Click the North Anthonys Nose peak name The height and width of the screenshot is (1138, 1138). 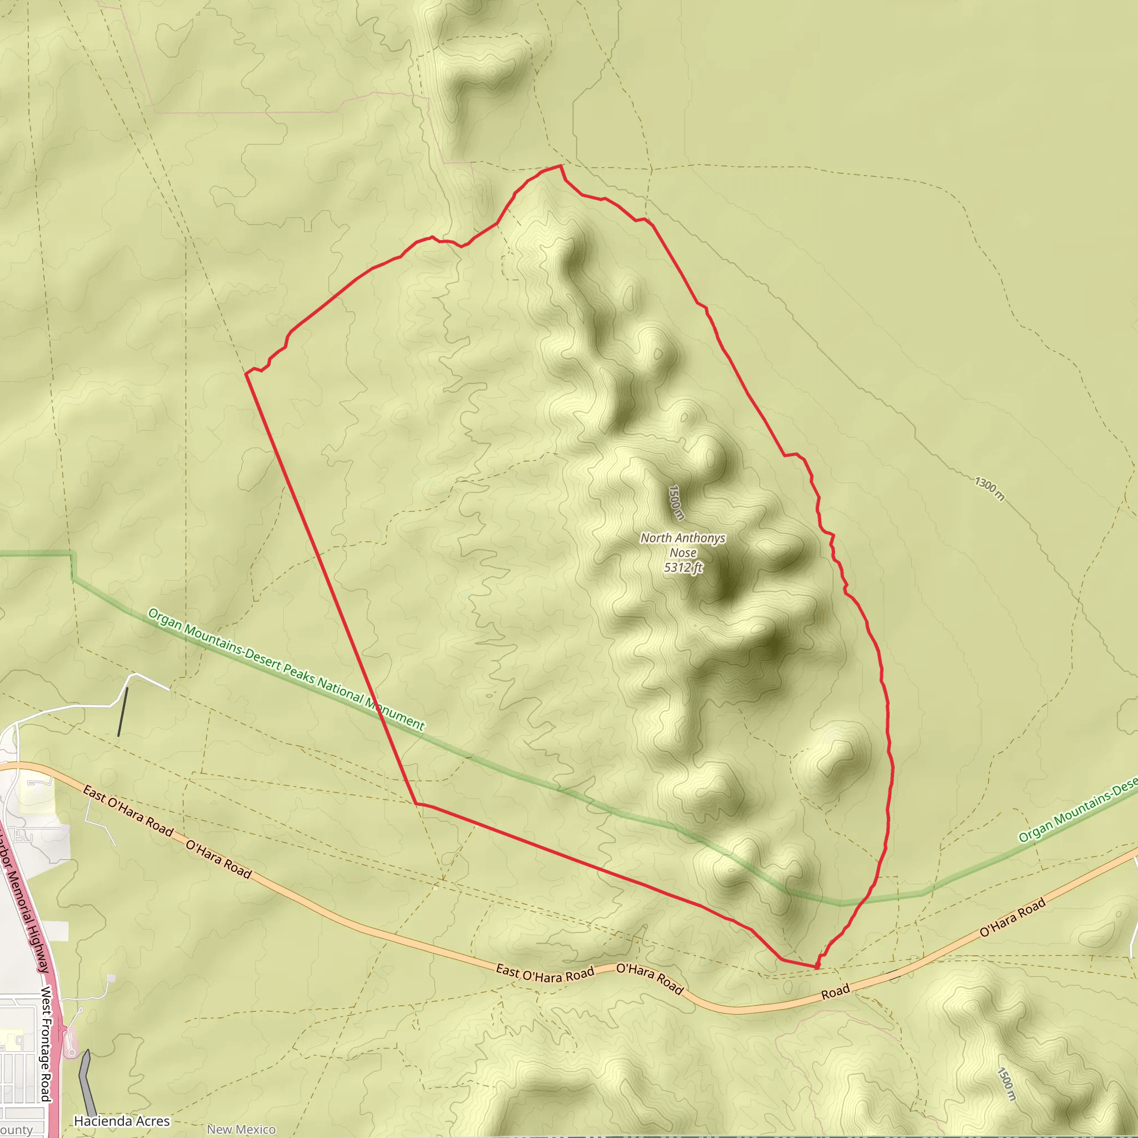(683, 545)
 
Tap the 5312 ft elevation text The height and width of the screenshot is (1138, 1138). (683, 568)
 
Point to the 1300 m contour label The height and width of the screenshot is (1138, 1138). (989, 488)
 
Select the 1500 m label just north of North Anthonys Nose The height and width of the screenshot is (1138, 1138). (676, 502)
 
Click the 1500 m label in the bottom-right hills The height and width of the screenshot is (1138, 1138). (1008, 1084)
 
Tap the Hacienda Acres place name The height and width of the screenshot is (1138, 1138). (122, 1121)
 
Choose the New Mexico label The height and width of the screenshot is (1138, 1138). (241, 1129)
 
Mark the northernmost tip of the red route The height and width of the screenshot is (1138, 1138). (561, 166)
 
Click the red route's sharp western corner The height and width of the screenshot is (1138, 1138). (246, 374)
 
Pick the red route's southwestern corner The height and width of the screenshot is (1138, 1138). (416, 803)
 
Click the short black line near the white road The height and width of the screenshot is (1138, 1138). (122, 712)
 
